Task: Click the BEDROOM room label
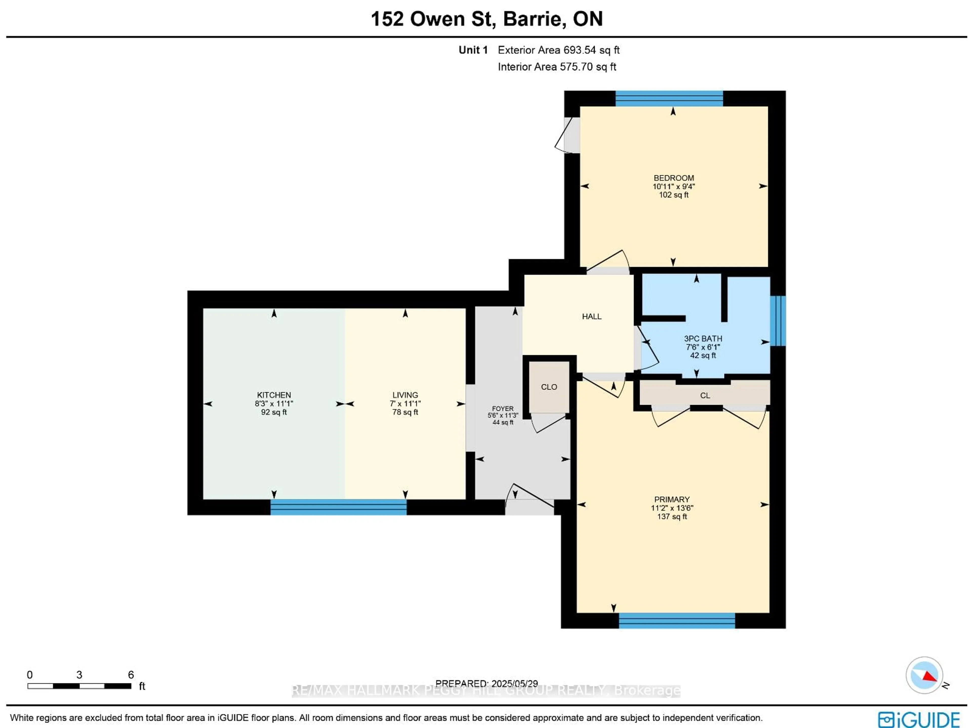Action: (674, 178)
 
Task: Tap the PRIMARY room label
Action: (672, 499)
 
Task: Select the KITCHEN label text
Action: (274, 395)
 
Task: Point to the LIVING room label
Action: (405, 395)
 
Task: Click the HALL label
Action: (592, 316)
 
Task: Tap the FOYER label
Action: (503, 408)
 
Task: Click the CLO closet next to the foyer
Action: (549, 387)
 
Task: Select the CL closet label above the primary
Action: (705, 395)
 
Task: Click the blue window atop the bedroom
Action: (669, 99)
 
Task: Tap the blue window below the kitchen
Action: (338, 507)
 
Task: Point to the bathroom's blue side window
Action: (778, 321)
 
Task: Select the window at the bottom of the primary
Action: (677, 620)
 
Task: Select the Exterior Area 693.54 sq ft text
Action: (558, 50)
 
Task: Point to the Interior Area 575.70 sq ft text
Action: (557, 67)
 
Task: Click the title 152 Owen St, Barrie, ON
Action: (487, 19)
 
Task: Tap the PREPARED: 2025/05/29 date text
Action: (487, 684)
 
